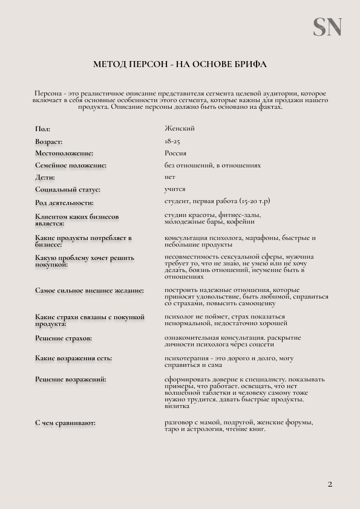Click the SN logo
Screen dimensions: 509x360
tap(327, 27)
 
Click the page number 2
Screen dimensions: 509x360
tap(330, 484)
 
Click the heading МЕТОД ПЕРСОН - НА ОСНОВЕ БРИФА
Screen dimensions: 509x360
tap(180, 63)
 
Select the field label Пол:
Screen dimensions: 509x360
tap(43, 129)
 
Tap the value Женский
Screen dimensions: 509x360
tap(180, 128)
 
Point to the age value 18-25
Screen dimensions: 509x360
tap(172, 141)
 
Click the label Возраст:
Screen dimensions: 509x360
tap(49, 141)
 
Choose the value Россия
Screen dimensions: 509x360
tap(175, 153)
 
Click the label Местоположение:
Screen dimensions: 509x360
tap(64, 154)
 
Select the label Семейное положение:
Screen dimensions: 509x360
tap(71, 166)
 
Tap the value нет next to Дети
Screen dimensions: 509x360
tap(170, 177)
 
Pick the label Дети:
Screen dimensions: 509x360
tap(45, 178)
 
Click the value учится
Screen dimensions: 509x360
tap(175, 189)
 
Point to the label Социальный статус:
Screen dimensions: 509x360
tap(68, 190)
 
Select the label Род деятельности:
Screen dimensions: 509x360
tap(64, 203)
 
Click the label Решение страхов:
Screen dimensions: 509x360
tap(64, 339)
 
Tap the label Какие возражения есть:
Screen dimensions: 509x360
tap(73, 358)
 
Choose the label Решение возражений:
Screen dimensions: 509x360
tap(71, 380)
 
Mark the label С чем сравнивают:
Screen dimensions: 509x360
tap(65, 423)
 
